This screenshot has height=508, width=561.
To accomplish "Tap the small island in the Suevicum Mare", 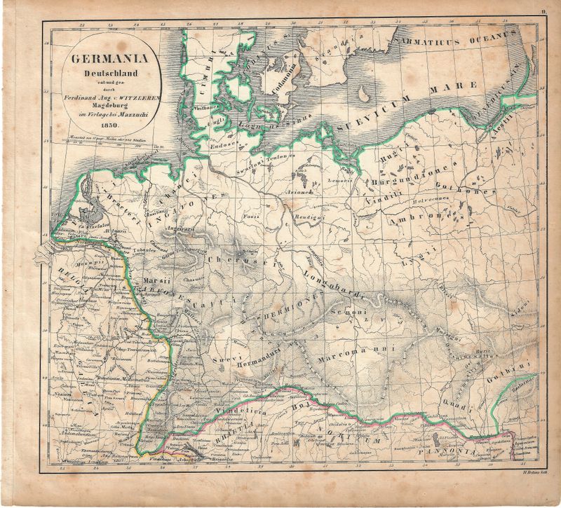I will click(x=364, y=94).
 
